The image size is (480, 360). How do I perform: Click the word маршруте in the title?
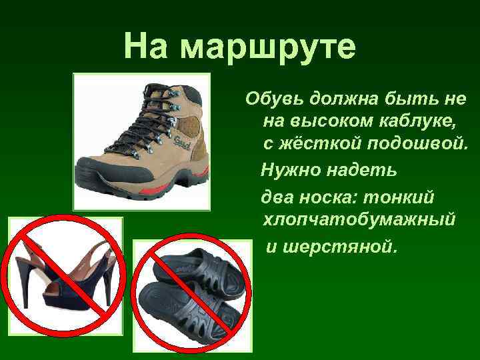[x=269, y=47]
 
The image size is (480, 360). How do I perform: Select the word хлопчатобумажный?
[x=359, y=219]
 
